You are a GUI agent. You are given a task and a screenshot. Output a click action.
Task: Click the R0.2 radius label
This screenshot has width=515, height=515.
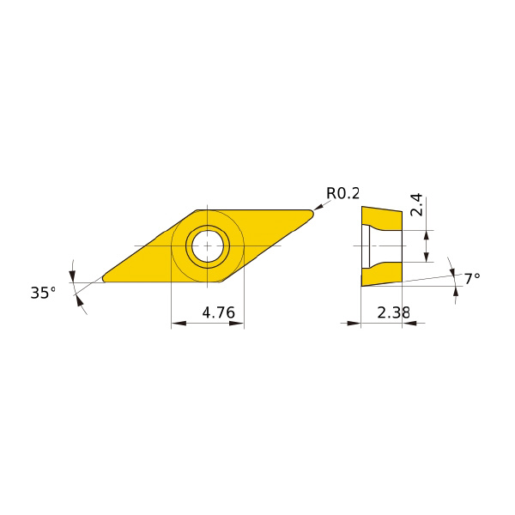(342, 193)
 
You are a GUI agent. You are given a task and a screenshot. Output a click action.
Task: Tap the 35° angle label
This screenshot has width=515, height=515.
(43, 293)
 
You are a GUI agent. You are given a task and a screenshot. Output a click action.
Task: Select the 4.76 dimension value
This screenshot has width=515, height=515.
(218, 312)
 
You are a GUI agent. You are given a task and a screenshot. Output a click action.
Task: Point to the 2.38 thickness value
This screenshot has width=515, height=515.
(393, 312)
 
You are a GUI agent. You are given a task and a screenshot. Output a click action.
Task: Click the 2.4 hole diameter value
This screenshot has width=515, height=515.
(416, 204)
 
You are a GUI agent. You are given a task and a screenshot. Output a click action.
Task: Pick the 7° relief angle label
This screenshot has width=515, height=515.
(472, 279)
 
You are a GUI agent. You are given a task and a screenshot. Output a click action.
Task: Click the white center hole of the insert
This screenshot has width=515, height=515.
(207, 245)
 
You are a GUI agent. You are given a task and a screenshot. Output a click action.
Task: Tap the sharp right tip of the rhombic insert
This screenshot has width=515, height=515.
(313, 214)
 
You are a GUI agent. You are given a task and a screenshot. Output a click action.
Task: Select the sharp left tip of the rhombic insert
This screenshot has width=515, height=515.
(103, 279)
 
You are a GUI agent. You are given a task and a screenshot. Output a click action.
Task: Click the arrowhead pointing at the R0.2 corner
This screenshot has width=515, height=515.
(318, 207)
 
